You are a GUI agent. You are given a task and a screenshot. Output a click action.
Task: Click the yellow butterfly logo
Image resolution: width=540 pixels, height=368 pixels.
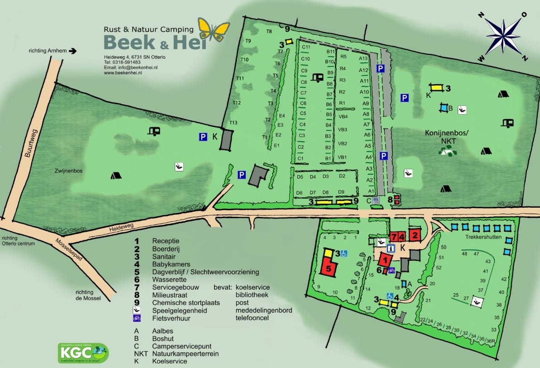point(214,29)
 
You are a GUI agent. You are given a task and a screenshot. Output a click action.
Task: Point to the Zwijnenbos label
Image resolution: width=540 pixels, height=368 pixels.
point(63,172)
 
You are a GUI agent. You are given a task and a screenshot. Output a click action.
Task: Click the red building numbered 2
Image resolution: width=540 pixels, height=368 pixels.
point(415,235)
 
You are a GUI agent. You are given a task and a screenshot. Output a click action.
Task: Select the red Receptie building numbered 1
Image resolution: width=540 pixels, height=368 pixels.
point(385,260)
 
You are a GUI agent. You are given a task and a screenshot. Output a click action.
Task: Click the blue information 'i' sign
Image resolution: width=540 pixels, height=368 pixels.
point(391,248)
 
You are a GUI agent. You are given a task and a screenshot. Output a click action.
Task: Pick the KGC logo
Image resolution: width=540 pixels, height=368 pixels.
point(83,353)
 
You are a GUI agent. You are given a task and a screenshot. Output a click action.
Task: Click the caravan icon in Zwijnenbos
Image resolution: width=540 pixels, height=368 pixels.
point(154,131)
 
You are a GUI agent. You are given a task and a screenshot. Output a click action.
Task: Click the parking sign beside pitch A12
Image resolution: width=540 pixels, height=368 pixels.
point(381,69)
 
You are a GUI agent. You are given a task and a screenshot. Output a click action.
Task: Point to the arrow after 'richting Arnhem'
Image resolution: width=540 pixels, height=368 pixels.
point(73,51)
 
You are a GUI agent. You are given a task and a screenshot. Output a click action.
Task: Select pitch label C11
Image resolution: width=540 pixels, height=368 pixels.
point(306,48)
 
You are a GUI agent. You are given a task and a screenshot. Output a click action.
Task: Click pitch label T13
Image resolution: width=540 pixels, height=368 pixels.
point(234,123)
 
